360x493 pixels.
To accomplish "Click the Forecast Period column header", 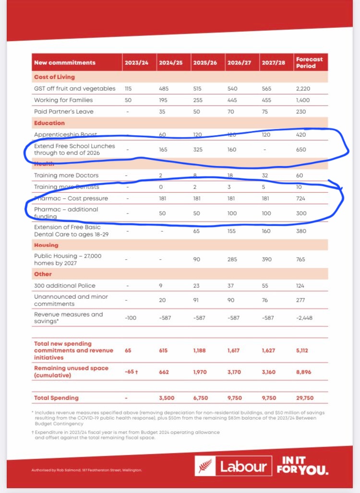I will pyautogui.click(x=309, y=62).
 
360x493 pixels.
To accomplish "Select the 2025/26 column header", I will pyautogui.click(x=204, y=62).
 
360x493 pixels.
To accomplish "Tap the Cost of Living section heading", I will pyautogui.click(x=54, y=77).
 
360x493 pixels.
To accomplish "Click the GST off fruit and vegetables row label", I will pyautogui.click(x=74, y=88).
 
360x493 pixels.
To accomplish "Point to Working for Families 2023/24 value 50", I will pyautogui.click(x=128, y=100).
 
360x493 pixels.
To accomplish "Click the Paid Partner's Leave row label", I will pyautogui.click(x=63, y=111).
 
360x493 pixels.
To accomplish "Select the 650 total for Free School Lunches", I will pyautogui.click(x=300, y=149).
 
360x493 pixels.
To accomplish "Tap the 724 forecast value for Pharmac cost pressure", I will pyautogui.click(x=300, y=198).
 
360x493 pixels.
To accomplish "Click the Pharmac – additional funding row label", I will pyautogui.click(x=66, y=212).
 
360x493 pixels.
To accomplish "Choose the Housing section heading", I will pyautogui.click(x=46, y=245).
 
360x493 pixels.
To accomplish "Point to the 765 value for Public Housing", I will pyautogui.click(x=300, y=259).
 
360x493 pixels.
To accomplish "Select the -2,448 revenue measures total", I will pyautogui.click(x=304, y=318).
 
